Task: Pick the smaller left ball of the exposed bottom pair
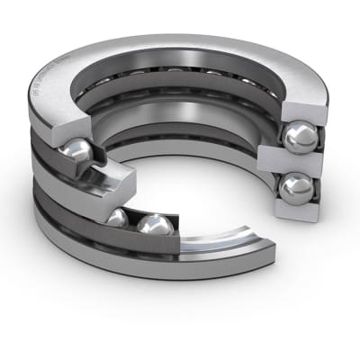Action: (x=118, y=218)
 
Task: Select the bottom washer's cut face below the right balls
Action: (x=297, y=216)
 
